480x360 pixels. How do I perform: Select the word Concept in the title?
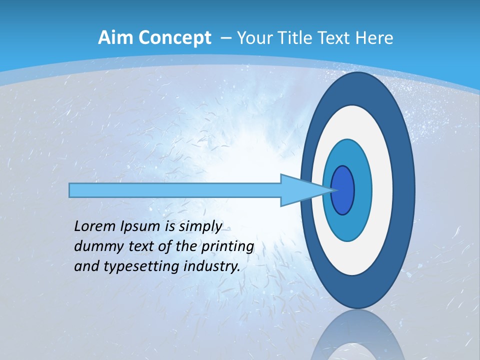(x=174, y=38)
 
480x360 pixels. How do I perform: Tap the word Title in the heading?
(x=298, y=38)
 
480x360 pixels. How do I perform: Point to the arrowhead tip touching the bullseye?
(x=333, y=190)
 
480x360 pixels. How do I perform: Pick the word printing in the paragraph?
(x=227, y=246)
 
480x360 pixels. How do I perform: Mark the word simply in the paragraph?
(x=200, y=226)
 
